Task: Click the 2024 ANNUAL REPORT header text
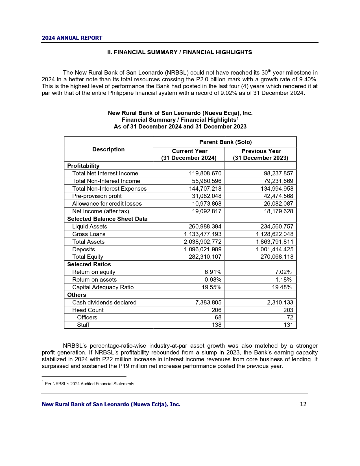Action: pyautogui.click(x=72, y=38)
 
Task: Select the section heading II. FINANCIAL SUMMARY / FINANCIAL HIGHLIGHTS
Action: pyautogui.click(x=180, y=52)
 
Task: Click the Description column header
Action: pyautogui.click(x=108, y=149)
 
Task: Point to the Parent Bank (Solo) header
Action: pyautogui.click(x=225, y=142)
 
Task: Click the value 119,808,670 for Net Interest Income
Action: pyautogui.click(x=205, y=173)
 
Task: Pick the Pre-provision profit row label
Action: pyautogui.click(x=97, y=196)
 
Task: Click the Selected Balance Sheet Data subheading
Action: pyautogui.click(x=107, y=219)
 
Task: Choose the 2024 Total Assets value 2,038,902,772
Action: pyautogui.click(x=202, y=242)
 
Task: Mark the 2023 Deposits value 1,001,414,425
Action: pyautogui.click(x=274, y=249)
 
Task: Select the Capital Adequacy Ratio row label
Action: pyautogui.click(x=103, y=287)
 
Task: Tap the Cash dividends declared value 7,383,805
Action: pyautogui.click(x=208, y=302)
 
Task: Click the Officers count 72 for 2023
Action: pyautogui.click(x=290, y=317)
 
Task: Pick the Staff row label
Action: pyautogui.click(x=83, y=325)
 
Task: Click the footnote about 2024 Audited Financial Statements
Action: pyautogui.click(x=89, y=384)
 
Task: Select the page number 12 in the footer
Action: pyautogui.click(x=303, y=404)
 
